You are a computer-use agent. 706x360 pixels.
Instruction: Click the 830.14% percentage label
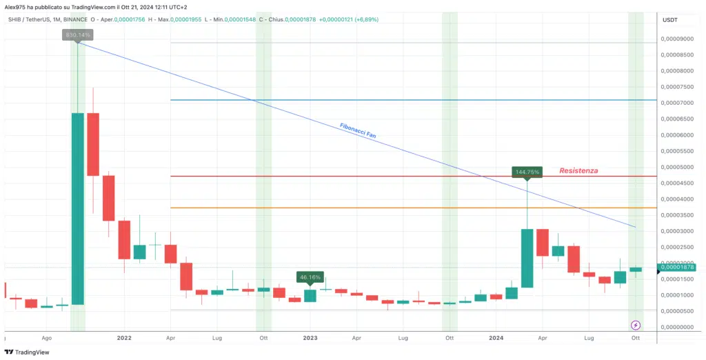78,34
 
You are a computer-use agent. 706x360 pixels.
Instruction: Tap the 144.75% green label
527,171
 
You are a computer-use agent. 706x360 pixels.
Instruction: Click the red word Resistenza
578,170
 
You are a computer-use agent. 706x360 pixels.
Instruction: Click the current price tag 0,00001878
676,267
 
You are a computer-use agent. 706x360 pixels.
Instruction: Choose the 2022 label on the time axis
124,339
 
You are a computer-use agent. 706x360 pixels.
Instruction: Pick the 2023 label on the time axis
310,339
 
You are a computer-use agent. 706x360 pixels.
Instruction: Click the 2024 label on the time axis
496,339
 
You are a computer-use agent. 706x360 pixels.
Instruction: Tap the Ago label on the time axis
47,339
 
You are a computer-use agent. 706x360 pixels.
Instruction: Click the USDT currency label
669,21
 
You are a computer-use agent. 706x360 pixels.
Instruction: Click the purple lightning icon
636,324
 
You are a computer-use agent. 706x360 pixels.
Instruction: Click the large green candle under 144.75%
527,258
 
